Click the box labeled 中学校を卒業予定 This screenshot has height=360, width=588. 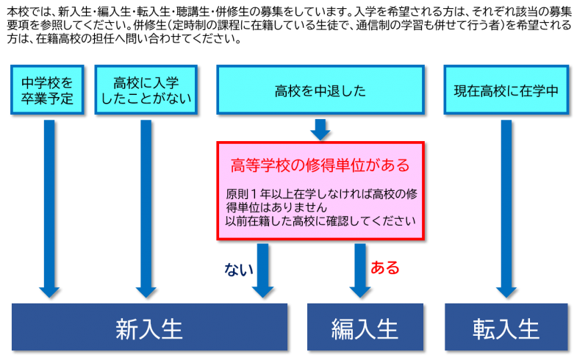point(48,90)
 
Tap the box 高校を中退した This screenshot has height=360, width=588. point(320,90)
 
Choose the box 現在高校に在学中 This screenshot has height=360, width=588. point(506,90)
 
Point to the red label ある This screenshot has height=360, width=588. point(385,268)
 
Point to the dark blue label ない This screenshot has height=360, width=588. point(238,270)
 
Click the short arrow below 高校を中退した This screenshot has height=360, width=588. point(320,129)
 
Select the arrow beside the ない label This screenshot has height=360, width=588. point(263,270)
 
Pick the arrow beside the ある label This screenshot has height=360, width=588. point(359,270)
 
